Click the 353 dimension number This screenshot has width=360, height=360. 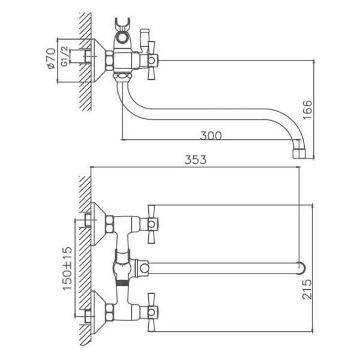(x=196, y=160)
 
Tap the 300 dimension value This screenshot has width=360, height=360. (x=211, y=136)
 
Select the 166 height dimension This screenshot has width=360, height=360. (x=308, y=110)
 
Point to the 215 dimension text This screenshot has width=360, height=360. (x=307, y=289)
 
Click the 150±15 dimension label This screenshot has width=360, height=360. (x=67, y=269)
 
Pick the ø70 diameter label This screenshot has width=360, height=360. (x=51, y=58)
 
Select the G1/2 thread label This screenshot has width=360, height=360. (x=65, y=56)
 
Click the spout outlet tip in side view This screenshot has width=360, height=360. (x=299, y=154)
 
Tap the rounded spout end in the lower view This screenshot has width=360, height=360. (x=302, y=268)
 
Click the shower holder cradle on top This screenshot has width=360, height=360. (x=122, y=23)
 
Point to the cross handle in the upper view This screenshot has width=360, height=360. (x=151, y=61)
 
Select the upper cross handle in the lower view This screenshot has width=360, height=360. (x=151, y=224)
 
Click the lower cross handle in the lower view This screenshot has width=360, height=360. (x=151, y=312)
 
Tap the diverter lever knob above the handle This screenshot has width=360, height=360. (x=145, y=32)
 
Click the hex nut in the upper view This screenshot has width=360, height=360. (x=109, y=61)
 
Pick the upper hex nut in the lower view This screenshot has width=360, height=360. (x=109, y=224)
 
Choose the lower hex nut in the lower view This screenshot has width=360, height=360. (x=109, y=312)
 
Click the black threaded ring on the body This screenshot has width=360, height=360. (x=122, y=283)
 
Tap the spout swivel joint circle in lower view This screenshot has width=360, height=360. (x=145, y=268)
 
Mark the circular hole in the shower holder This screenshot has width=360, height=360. (x=122, y=37)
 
